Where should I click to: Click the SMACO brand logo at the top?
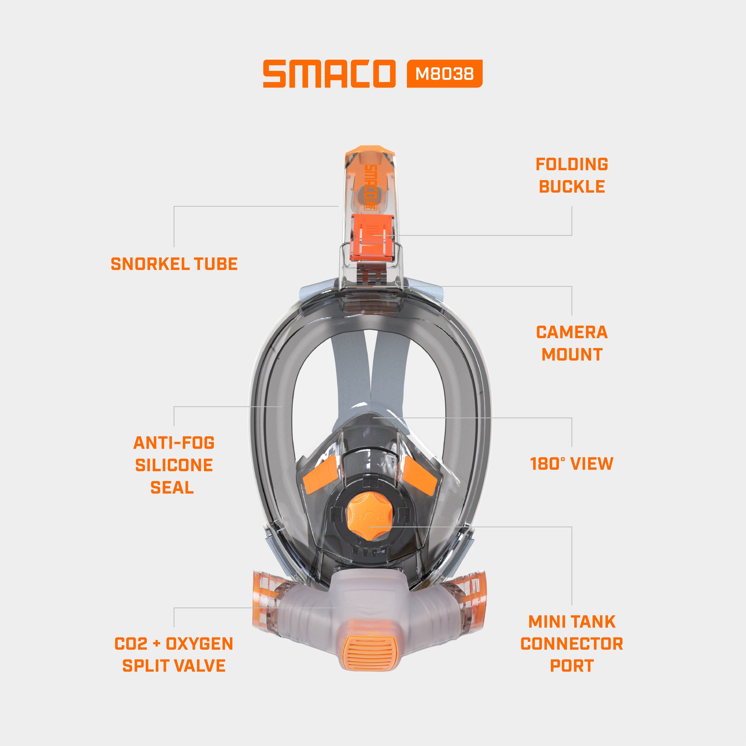tap(329, 73)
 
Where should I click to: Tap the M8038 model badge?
tap(444, 73)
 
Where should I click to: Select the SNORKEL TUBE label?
tap(174, 264)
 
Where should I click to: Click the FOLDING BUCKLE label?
tap(572, 175)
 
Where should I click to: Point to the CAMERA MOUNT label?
tap(572, 343)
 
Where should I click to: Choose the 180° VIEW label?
tap(572, 464)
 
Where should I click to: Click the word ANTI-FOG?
tap(174, 443)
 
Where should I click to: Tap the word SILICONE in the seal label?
tap(174, 465)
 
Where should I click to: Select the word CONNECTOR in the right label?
tap(572, 644)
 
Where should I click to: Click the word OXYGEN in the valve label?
tap(199, 644)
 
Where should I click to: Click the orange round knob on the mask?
tap(370, 516)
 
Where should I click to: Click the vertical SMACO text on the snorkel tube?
tap(370, 187)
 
